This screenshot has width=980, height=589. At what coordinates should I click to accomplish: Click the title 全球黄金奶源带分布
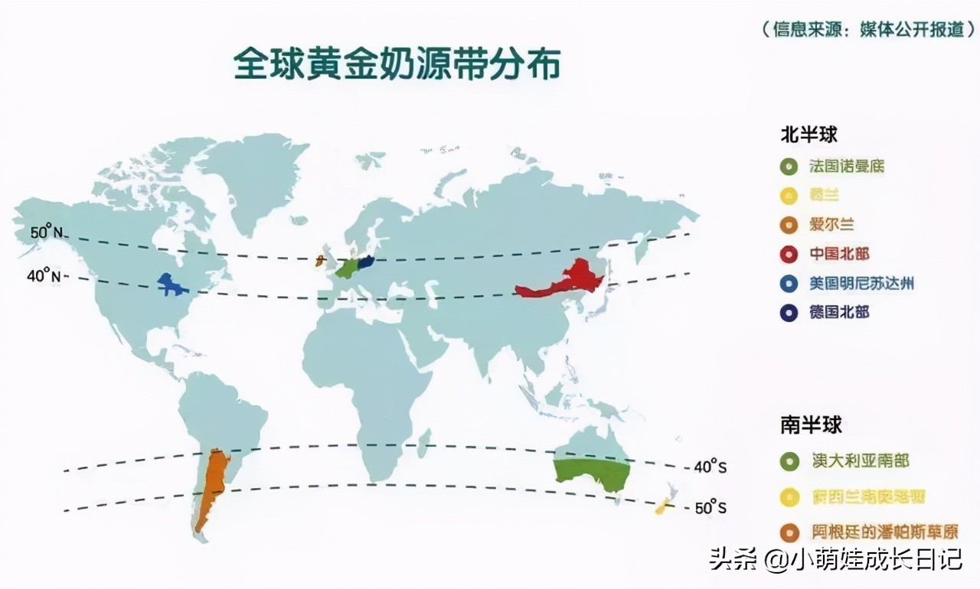397,64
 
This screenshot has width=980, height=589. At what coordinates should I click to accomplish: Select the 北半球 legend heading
808,135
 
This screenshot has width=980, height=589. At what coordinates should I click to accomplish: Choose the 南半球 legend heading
811,425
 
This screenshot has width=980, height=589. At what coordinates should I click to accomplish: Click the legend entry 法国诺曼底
847,166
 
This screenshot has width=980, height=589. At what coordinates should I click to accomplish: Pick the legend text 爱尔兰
831,225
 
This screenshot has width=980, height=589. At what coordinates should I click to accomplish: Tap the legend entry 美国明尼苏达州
861,283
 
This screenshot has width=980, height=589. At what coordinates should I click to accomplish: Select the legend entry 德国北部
839,312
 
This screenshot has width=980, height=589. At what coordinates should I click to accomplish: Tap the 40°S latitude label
710,466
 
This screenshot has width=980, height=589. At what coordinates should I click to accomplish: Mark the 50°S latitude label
711,507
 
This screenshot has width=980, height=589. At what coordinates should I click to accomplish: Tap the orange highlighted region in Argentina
212,486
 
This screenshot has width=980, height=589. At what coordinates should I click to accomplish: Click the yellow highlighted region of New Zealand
662,506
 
